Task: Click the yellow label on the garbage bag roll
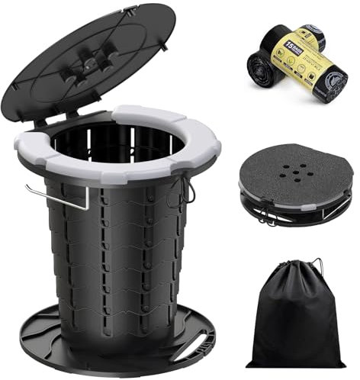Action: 301,57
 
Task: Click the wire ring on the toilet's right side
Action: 188,191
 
